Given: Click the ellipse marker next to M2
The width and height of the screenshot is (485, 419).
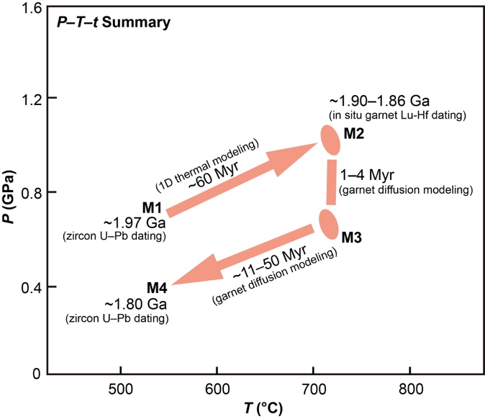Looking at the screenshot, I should click(330, 140).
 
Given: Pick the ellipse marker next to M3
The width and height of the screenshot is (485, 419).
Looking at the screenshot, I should click(328, 224).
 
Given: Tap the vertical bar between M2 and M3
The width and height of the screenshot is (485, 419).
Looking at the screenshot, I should click(331, 182).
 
